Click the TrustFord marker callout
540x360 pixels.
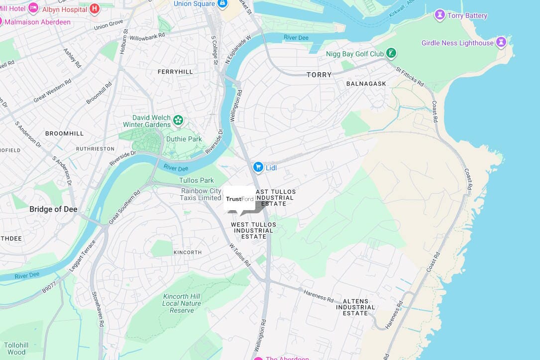click(239, 199)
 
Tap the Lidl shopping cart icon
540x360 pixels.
click(258, 167)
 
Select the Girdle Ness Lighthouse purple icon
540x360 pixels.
click(502, 42)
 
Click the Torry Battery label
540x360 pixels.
click(467, 15)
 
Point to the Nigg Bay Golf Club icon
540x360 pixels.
click(392, 53)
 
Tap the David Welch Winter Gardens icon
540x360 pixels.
click(178, 120)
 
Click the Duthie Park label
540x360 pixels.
click(184, 139)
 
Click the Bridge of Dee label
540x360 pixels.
click(53, 209)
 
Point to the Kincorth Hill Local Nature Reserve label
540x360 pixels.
click(182, 303)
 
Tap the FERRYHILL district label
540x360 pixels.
click(175, 72)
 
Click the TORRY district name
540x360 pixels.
click(319, 75)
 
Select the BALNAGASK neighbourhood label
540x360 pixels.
click(366, 84)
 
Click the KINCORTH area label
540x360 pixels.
click(188, 252)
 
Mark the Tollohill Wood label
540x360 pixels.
click(16, 349)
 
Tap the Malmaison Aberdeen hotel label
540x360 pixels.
click(37, 22)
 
